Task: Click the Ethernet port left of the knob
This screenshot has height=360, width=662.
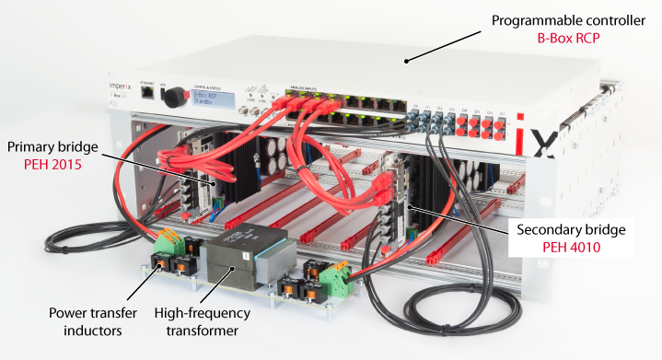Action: click(x=145, y=92)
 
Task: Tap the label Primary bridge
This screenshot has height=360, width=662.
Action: click(x=51, y=146)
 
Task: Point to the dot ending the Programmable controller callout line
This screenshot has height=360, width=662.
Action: click(x=405, y=61)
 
